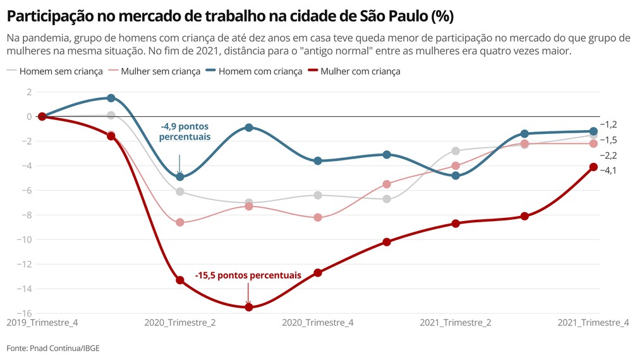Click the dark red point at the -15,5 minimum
coord(249,307)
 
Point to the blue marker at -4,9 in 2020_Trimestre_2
coord(180,177)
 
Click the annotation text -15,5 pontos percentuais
coord(248,275)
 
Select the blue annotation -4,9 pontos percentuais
coord(185,131)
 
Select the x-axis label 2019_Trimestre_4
coord(42,323)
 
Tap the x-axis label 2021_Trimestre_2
coord(456,323)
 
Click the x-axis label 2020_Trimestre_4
coord(318,323)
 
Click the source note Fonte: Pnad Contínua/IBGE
coord(53,348)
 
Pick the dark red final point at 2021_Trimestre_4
coord(593,167)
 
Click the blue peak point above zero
coord(111,98)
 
